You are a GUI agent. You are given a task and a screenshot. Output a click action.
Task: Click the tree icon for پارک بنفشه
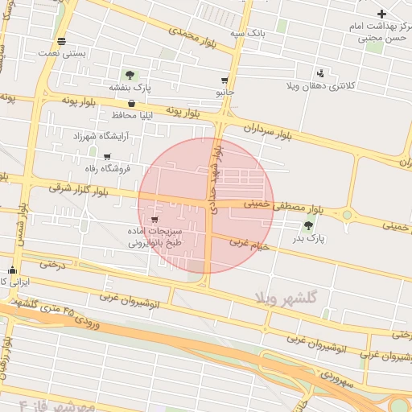[130, 75]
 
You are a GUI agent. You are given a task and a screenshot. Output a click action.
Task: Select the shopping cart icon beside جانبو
[224, 80]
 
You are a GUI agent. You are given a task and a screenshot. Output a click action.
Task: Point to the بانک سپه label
[248, 33]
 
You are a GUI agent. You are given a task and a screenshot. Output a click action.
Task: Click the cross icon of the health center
[381, 14]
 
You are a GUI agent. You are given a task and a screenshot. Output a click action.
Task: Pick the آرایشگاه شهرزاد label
[100, 137]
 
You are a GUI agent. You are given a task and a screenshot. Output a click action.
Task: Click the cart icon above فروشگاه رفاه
[107, 156]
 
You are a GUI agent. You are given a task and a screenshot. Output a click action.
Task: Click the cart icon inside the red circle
[154, 218]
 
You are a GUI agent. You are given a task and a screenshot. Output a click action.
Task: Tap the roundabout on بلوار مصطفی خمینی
[348, 216]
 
